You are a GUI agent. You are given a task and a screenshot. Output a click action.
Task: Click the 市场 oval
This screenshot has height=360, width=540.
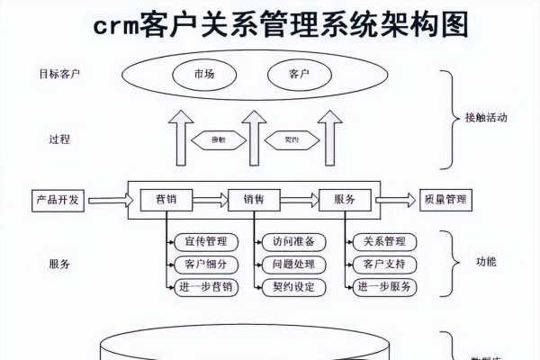204,73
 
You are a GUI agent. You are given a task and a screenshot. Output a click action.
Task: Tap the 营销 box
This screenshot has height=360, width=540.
166,199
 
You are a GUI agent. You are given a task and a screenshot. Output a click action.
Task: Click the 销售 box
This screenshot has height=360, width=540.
254,199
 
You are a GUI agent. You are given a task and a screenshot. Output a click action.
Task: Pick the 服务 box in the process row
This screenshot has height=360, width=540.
344,199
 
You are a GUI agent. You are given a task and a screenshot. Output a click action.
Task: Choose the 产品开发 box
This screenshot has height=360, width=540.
58,199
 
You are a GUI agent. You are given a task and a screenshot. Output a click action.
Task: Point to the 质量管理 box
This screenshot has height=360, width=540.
447,199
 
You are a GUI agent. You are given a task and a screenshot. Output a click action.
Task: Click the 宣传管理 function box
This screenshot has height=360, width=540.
204,242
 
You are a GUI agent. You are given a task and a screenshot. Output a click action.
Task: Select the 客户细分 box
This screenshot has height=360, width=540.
204,265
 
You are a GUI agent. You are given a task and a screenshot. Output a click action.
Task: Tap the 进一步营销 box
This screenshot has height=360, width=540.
204,287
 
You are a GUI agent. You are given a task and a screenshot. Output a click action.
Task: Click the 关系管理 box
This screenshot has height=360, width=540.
383,242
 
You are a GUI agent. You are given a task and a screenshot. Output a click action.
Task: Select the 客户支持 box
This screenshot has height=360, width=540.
383,265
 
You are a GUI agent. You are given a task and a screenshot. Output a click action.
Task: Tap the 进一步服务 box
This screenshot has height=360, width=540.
383,287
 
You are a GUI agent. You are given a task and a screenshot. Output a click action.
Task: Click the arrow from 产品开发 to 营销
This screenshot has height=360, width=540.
106,199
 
